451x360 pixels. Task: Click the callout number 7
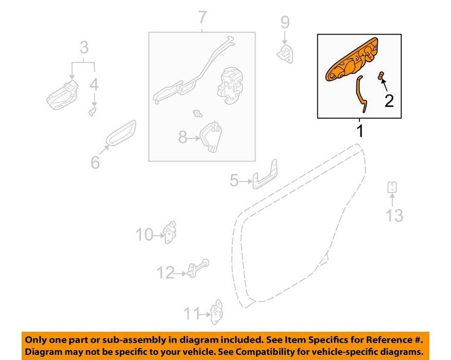coord(203,17)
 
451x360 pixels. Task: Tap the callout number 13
coord(394,215)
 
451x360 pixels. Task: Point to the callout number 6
coord(95,163)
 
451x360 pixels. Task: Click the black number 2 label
coord(389,101)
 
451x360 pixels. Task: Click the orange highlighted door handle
coord(351,60)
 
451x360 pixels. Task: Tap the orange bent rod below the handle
coord(361,94)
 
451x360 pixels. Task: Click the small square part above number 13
coord(392,187)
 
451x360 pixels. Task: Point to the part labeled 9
coord(285,54)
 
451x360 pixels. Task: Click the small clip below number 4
coord(93,111)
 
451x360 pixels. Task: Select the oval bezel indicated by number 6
coord(121,133)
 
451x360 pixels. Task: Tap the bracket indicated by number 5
coord(265,175)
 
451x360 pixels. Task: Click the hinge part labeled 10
coord(170,232)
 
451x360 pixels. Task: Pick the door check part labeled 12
coord(198,268)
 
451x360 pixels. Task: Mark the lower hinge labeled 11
coord(217,312)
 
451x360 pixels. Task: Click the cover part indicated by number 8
coord(211,137)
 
